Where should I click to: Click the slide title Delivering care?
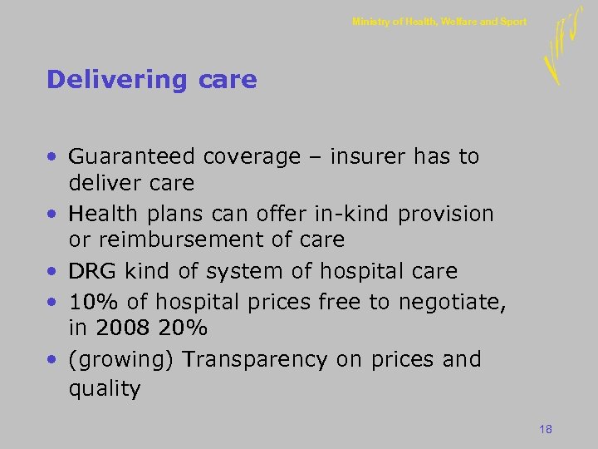click(152, 80)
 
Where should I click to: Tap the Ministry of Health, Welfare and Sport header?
click(439, 22)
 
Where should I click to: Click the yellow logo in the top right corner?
click(561, 48)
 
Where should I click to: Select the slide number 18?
click(546, 429)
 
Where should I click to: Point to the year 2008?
click(123, 328)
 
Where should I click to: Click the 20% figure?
click(183, 328)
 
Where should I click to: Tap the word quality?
click(105, 388)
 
